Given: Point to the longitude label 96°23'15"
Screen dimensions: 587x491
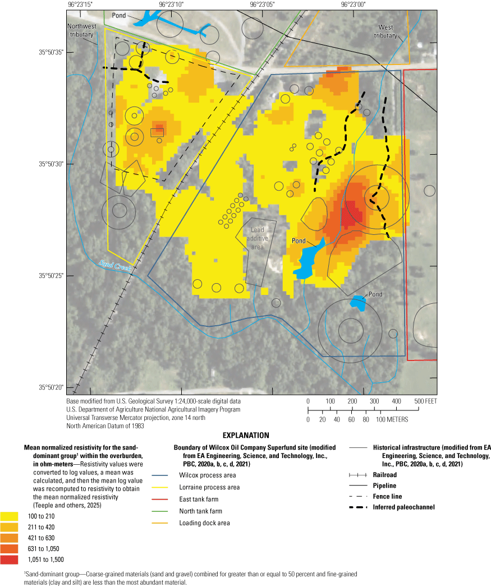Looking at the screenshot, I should (80, 4).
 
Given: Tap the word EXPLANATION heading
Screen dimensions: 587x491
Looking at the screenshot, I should (246, 435).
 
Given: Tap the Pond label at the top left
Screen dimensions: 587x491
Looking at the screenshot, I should (118, 15).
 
